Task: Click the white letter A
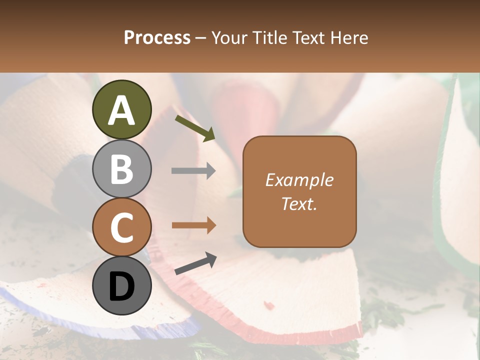click(x=121, y=111)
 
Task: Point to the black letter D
click(x=121, y=286)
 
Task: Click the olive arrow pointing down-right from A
click(x=195, y=127)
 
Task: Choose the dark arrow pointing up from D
click(x=195, y=263)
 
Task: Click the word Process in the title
click(x=157, y=37)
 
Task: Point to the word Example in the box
click(x=299, y=180)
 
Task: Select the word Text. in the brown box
click(x=299, y=203)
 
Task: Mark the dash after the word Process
click(x=200, y=38)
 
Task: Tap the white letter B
click(x=121, y=170)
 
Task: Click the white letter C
click(x=121, y=228)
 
